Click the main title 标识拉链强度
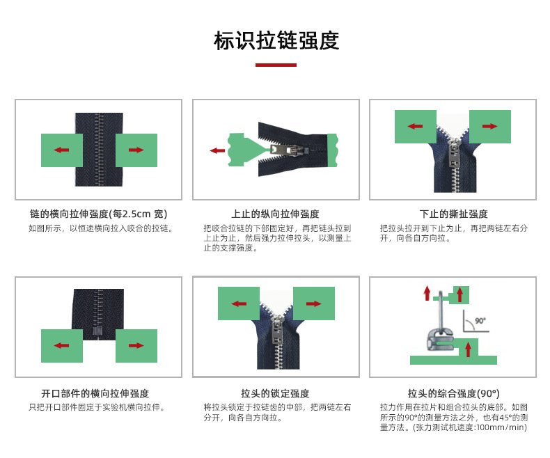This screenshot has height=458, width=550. click(276, 40)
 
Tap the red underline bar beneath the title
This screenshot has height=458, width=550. click(276, 65)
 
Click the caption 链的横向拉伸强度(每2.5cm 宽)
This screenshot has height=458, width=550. click(98, 214)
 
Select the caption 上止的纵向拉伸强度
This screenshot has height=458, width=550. click(275, 214)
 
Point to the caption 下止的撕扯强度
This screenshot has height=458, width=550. click(453, 214)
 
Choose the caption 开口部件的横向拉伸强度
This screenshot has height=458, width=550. click(95, 393)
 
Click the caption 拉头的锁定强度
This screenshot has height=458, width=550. click(275, 393)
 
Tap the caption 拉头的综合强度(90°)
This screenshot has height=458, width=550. click(453, 393)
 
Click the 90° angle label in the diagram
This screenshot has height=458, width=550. click(480, 322)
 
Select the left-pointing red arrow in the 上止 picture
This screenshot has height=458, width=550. click(217, 150)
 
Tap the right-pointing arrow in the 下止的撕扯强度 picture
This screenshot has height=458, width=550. click(489, 126)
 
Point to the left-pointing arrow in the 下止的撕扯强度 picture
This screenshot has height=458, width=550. click(416, 126)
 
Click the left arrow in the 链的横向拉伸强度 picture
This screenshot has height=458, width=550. click(61, 150)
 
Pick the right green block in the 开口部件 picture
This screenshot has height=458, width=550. click(136, 345)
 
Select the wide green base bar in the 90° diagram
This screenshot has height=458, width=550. click(453, 360)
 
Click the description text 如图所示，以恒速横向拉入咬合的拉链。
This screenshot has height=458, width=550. click(101, 228)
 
